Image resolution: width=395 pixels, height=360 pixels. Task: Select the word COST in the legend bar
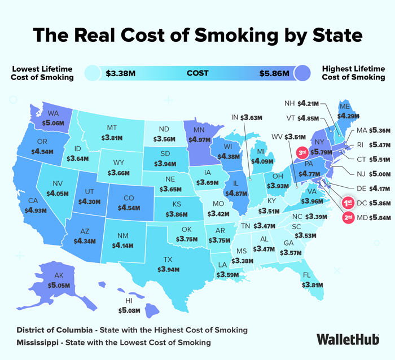point(197,73)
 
